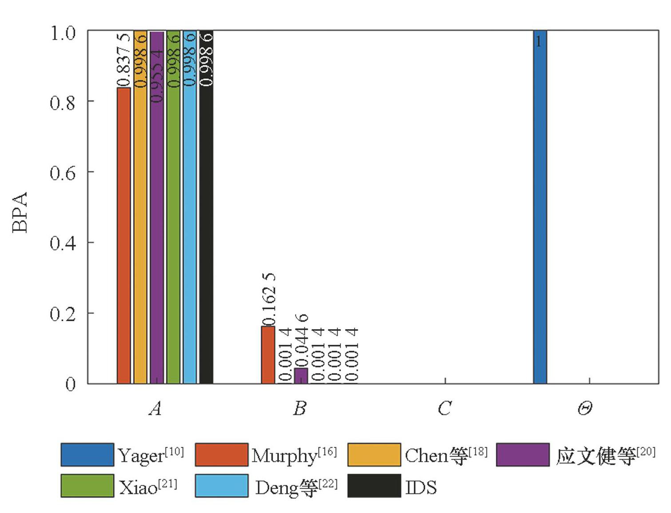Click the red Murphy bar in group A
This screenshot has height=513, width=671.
coord(124,235)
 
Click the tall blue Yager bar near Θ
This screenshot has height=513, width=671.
coord(540,209)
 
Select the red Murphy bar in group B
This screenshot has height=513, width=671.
coord(268,355)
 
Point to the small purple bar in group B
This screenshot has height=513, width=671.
coord(301,376)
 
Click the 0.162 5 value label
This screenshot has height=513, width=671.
coord(269,299)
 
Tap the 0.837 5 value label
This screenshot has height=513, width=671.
coord(124,60)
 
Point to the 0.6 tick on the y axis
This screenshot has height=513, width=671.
coord(62,172)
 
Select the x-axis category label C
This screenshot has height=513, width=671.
coord(444,408)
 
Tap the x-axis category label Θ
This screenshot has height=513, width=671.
coord(584,408)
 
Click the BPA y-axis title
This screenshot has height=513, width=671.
coord(20,212)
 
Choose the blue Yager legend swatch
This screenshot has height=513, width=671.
coord(87,454)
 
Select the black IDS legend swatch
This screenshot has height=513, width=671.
coord(374,486)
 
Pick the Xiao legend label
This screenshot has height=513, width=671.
coord(148,487)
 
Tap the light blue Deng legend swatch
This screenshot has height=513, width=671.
coord(221,486)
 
